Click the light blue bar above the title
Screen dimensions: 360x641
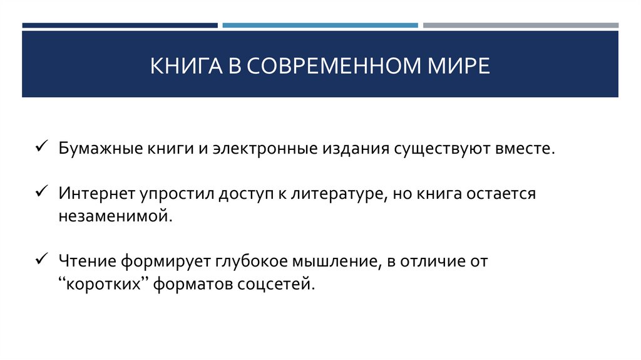[320, 25]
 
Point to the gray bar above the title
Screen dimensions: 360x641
[520, 25]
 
